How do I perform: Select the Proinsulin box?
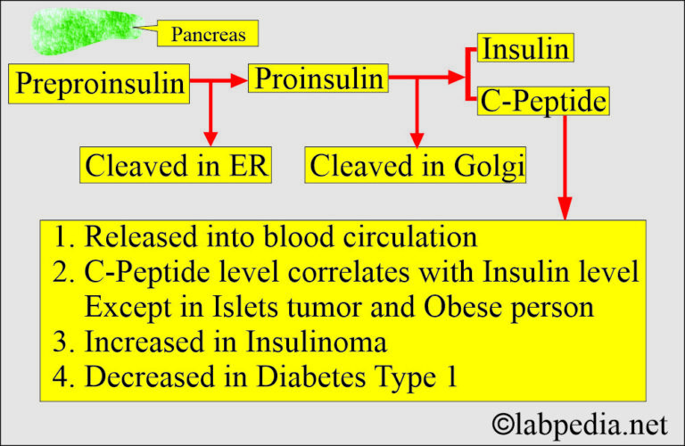pyautogui.click(x=318, y=78)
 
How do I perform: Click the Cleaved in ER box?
pyautogui.click(x=177, y=165)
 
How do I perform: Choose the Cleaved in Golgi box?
pyautogui.click(x=417, y=165)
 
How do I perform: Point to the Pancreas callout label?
pyautogui.click(x=207, y=36)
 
